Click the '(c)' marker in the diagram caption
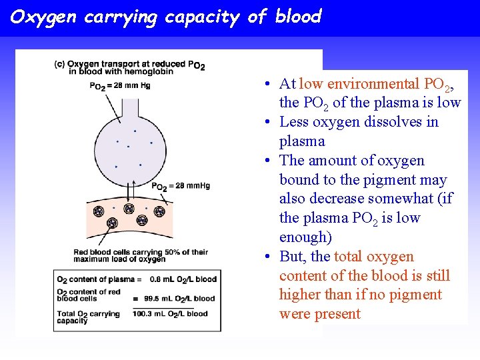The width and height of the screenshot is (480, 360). pyautogui.click(x=59, y=64)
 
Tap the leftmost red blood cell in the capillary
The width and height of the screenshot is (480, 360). pyautogui.click(x=98, y=211)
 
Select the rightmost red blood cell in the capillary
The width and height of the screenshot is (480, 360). pyautogui.click(x=159, y=211)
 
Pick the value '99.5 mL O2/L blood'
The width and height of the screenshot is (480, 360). pyautogui.click(x=182, y=298)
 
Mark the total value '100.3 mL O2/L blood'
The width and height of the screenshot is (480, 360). pyautogui.click(x=175, y=314)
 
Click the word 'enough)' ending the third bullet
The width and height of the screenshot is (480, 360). pyautogui.click(x=305, y=237)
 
